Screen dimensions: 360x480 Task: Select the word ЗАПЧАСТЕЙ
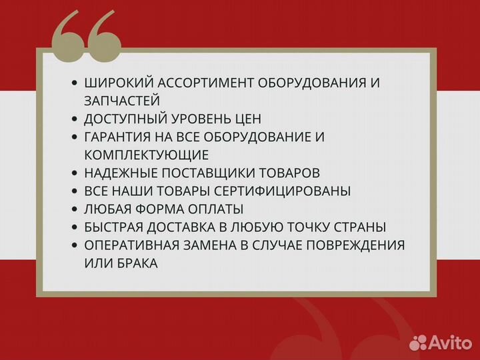122,101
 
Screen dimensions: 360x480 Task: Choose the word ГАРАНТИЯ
118,137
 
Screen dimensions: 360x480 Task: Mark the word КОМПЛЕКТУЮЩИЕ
147,155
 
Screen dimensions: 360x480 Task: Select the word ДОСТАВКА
193,227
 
